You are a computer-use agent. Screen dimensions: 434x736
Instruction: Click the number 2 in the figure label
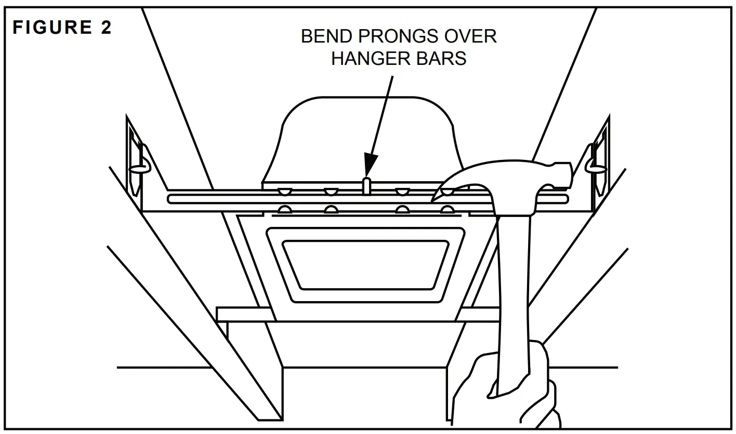click(106, 28)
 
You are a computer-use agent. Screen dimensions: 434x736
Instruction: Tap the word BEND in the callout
click(324, 36)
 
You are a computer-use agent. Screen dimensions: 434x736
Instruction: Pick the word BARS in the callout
click(442, 58)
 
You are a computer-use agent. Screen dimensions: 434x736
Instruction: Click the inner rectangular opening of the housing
click(366, 264)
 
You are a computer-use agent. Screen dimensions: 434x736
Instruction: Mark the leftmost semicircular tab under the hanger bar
click(284, 210)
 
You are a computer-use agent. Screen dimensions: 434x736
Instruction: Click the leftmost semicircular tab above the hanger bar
click(284, 191)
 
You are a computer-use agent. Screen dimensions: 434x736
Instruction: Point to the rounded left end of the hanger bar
click(172, 199)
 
